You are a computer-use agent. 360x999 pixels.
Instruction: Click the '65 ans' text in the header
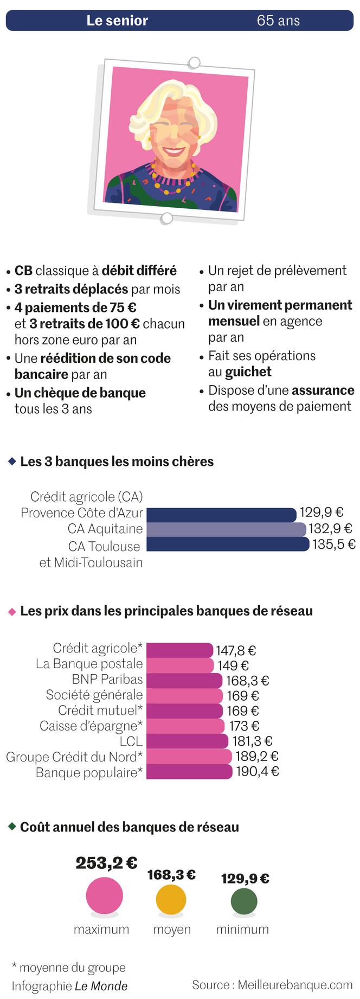point(278,21)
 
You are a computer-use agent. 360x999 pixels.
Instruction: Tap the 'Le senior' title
point(117,21)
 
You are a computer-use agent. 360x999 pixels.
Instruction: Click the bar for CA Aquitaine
point(226,529)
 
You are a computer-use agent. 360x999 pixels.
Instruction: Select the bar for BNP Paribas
point(184,681)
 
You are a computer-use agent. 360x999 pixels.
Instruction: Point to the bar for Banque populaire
point(189,772)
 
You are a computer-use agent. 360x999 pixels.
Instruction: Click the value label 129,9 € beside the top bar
point(322,513)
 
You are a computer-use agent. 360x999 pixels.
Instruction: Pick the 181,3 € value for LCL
point(252,741)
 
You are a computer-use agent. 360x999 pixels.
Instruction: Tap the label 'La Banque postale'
point(89,664)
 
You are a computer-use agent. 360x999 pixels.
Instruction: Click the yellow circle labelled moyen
point(171,900)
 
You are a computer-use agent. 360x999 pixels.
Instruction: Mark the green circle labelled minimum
point(243,901)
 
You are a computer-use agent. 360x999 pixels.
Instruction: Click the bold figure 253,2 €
point(106,863)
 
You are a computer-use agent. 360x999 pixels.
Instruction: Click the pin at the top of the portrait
point(194,62)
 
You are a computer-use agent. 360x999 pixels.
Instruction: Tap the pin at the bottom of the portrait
point(167,219)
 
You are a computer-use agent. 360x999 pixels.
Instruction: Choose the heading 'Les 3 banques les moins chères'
point(117,462)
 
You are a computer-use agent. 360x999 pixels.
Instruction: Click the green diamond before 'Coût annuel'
point(12,827)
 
